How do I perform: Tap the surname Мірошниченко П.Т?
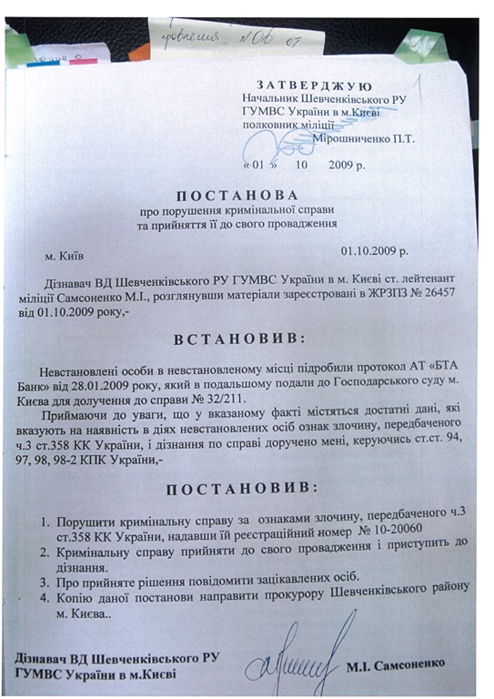click(x=363, y=138)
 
